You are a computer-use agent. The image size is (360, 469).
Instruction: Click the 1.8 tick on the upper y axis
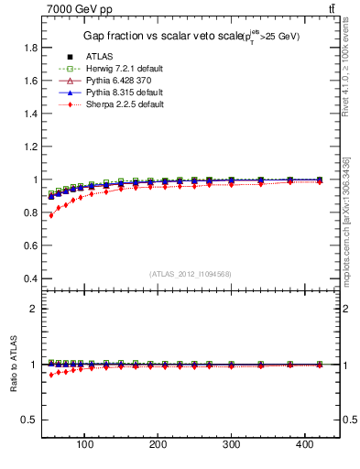30,48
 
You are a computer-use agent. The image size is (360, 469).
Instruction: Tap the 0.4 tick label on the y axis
30,278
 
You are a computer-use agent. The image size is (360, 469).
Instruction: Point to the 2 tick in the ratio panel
34,309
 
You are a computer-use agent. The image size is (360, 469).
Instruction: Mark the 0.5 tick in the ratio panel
30,420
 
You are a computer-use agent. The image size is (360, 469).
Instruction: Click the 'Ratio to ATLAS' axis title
13,365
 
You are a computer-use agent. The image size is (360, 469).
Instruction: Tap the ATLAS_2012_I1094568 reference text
191,274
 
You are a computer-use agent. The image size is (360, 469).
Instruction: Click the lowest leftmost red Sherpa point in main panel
50,215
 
